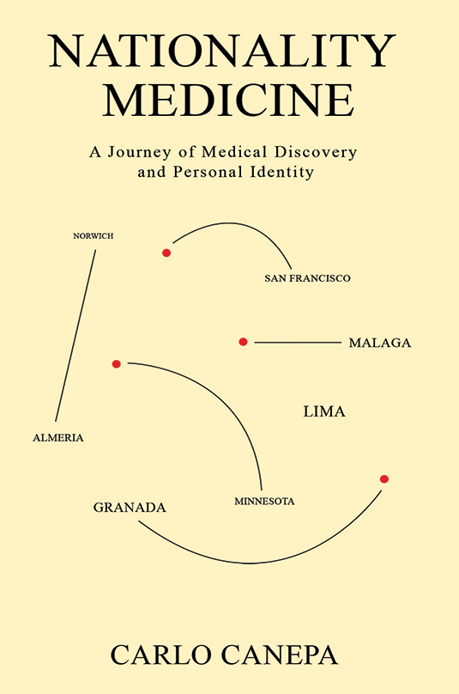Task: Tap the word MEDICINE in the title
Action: (x=229, y=100)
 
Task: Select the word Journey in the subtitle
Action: (x=147, y=152)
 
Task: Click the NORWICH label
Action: (x=94, y=235)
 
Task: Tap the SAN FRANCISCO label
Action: (x=308, y=278)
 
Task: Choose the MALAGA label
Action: (x=379, y=343)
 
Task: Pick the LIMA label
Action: (x=324, y=412)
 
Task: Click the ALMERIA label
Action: (x=57, y=437)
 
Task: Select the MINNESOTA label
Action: (x=264, y=501)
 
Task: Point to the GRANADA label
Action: (x=130, y=508)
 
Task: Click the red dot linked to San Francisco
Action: (x=166, y=253)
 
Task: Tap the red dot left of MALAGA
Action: (x=243, y=342)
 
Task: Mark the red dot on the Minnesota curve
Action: (x=117, y=364)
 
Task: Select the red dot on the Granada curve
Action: (x=384, y=478)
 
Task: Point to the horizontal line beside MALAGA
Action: (x=297, y=343)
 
